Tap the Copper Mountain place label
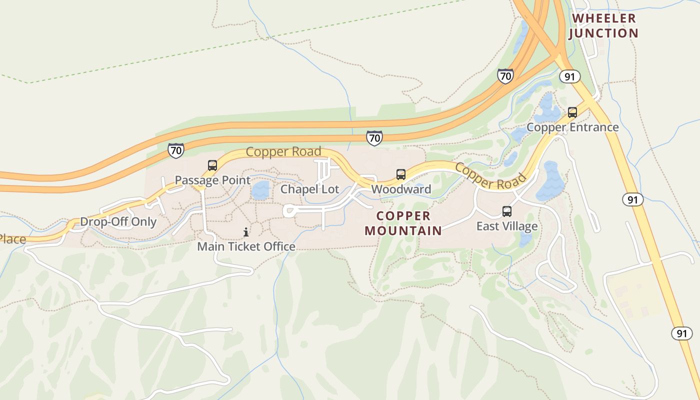pos(403,223)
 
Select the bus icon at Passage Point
pos(212,165)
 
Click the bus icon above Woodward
pos(401,174)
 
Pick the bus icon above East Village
pos(507,211)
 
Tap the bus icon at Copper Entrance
pos(572,112)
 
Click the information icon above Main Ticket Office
pos(246,232)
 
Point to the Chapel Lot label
pos(309,189)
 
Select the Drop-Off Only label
pos(118,221)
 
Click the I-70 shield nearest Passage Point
pos(176,150)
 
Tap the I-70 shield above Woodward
pos(374,137)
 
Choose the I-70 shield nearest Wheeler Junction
pos(505,76)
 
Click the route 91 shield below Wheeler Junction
pos(569,76)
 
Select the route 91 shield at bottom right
pos(682,333)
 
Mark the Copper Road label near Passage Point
pos(283,151)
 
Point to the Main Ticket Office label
pos(246,246)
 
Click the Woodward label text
pos(401,189)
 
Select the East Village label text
pos(507,226)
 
